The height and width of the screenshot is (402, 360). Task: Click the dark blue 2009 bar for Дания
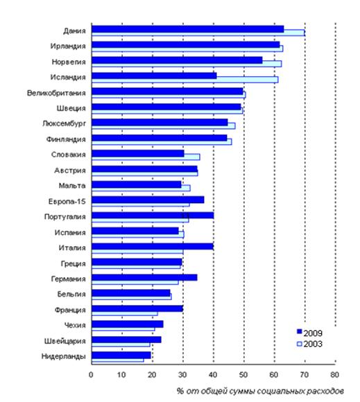coord(187,29)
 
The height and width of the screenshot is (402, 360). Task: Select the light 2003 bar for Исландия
coord(185,80)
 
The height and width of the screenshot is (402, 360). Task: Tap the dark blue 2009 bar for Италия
coord(153,246)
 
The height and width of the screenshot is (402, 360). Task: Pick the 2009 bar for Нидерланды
coord(121,355)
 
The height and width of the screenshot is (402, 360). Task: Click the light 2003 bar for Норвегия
coord(187,64)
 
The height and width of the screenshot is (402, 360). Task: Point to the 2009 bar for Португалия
coord(153,216)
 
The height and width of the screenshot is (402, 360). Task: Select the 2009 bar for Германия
coord(144,277)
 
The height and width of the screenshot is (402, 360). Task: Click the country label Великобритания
coord(56,93)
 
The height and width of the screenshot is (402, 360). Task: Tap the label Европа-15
coord(67,202)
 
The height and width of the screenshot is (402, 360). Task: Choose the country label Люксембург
coord(64,123)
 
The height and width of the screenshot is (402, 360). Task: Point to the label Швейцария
coord(65,341)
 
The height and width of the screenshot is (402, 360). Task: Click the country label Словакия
coord(68,155)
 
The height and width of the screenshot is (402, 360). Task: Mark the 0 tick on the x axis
coord(91,375)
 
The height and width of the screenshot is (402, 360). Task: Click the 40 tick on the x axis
coord(213,375)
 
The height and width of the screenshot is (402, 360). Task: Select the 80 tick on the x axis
coord(334,375)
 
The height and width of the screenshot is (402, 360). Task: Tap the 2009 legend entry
coord(309,333)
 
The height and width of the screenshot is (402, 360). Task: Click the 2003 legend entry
coord(309,344)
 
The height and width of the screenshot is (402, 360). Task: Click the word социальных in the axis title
coord(280,391)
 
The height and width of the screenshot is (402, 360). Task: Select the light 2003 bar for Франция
coord(125,313)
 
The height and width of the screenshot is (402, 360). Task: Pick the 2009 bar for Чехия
coord(128,324)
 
